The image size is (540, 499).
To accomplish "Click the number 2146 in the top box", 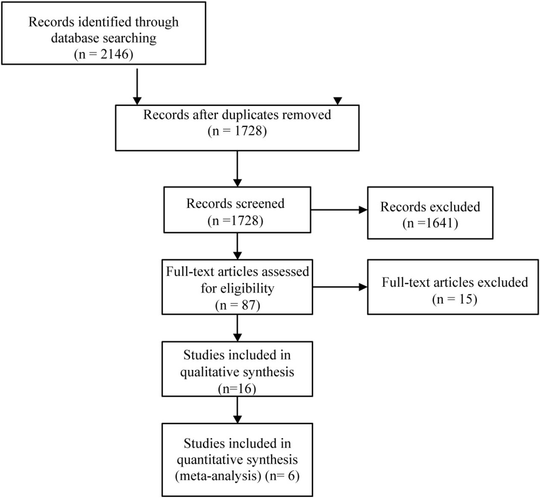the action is click(x=115, y=54).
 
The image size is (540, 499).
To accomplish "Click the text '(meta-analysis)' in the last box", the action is click(x=218, y=476).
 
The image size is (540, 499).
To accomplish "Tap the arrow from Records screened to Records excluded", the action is click(x=339, y=210).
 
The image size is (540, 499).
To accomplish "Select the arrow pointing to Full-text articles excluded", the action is click(x=340, y=287).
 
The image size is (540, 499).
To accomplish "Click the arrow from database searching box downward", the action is click(x=137, y=87).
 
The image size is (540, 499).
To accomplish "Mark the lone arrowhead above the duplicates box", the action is click(x=338, y=101).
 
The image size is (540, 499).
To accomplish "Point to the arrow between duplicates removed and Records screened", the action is click(x=238, y=169).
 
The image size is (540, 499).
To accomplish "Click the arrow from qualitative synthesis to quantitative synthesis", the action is click(x=238, y=410).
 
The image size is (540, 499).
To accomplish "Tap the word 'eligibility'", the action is click(x=237, y=288).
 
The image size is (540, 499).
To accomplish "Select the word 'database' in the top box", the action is click(x=76, y=37).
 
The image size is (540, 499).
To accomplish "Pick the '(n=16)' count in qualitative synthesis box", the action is click(x=237, y=389).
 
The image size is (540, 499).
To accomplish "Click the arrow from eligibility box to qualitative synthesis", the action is click(x=238, y=328).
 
